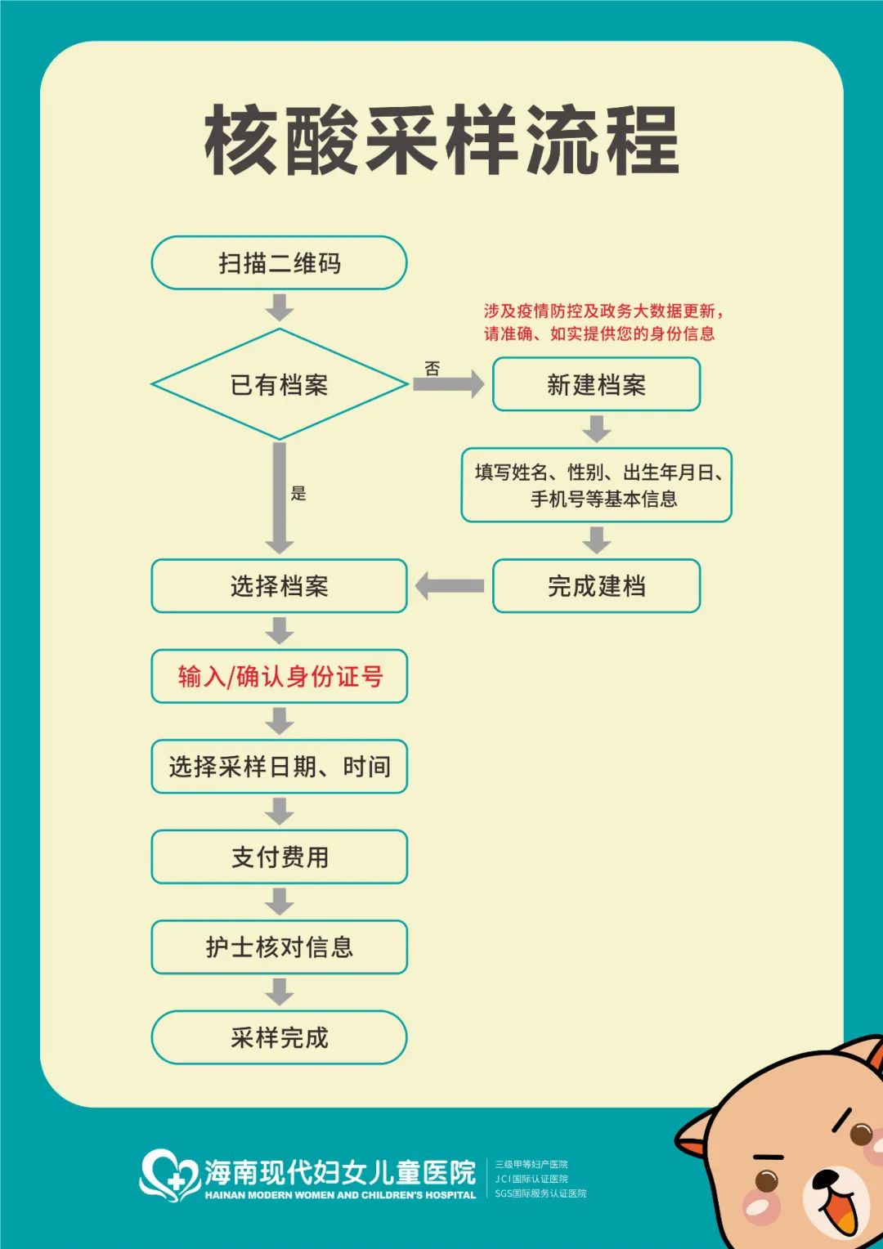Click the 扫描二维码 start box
click(279, 262)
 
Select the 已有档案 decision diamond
click(279, 384)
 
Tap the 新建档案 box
click(596, 384)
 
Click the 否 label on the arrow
click(433, 369)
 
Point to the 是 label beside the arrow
click(298, 493)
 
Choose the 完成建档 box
click(596, 586)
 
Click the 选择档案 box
click(279, 586)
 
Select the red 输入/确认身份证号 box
click(279, 676)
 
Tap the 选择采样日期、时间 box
click(279, 767)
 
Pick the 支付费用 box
click(279, 857)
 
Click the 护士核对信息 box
click(279, 947)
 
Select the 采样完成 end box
click(279, 1037)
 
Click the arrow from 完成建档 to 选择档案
click(450, 586)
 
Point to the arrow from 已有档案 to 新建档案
click(449, 384)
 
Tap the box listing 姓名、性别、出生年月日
click(596, 485)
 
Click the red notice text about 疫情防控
click(603, 322)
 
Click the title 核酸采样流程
click(441, 140)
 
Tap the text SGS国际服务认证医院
click(540, 1193)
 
